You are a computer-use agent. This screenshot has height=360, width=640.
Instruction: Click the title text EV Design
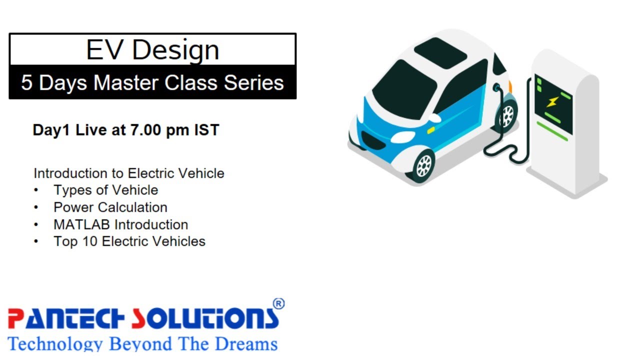152,50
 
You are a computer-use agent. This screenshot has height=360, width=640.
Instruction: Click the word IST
206,130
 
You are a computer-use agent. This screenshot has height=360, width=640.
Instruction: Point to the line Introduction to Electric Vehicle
129,173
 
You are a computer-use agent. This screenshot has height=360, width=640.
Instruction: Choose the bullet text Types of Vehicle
106,190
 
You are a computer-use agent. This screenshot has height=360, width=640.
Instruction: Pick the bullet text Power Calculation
110,207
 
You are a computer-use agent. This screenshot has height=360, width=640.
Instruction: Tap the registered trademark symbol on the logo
278,304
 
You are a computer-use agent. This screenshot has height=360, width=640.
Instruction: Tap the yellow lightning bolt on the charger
551,102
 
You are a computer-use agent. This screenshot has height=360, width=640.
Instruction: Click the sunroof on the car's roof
440,50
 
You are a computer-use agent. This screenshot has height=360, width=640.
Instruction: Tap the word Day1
52,130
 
